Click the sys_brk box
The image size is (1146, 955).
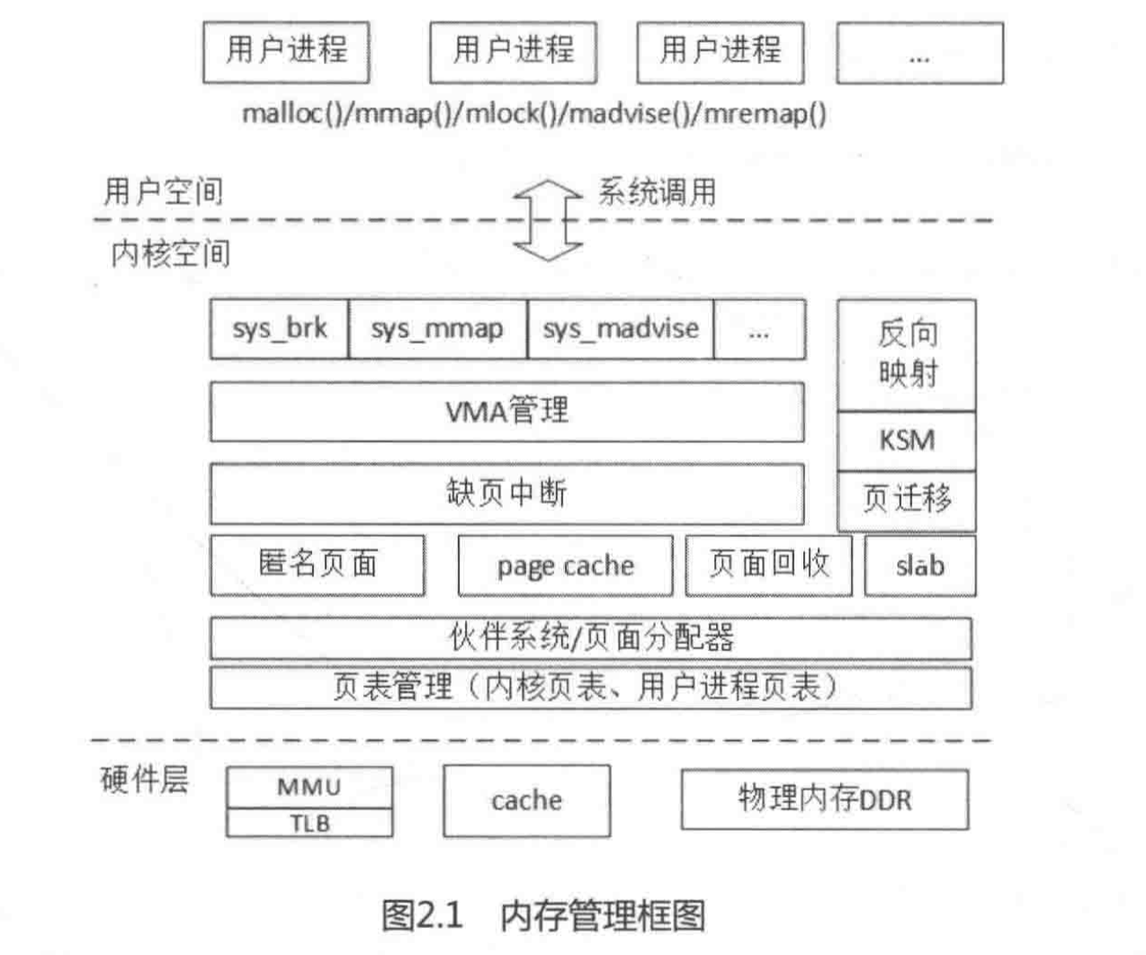tap(279, 329)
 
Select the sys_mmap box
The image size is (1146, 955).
tap(437, 329)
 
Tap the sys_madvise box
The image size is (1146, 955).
tap(621, 329)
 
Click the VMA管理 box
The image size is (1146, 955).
tap(506, 412)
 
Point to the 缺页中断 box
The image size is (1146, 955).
tap(506, 494)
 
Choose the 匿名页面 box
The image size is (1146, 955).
tap(317, 566)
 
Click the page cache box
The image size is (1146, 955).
tap(565, 566)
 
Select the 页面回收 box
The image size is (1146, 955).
tap(768, 566)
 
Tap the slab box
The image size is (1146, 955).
tap(919, 566)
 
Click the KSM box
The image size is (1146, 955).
tap(907, 441)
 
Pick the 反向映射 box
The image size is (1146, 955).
tap(907, 354)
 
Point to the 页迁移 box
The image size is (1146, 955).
tap(907, 500)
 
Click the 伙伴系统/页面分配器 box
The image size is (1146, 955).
tap(590, 638)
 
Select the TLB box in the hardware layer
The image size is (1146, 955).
tap(309, 823)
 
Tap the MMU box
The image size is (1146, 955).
tap(309, 787)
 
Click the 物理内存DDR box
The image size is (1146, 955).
tap(824, 799)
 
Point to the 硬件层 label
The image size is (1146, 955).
tap(144, 780)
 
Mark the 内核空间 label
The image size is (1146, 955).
tap(170, 254)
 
